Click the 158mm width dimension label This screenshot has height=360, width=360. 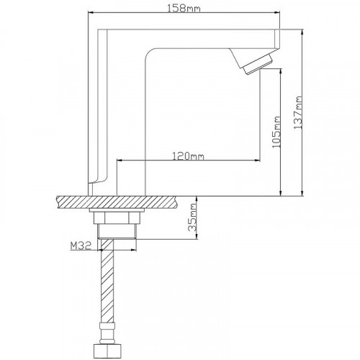click(x=184, y=8)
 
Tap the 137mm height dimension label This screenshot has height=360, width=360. click(x=298, y=112)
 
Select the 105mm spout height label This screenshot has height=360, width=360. click(x=276, y=132)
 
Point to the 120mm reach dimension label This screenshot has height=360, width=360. click(x=189, y=156)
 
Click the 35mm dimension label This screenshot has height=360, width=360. click(x=192, y=217)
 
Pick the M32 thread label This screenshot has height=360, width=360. click(x=81, y=246)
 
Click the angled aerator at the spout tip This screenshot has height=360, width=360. click(x=258, y=64)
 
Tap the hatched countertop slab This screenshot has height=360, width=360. click(x=118, y=202)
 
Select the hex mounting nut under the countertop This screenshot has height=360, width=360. click(x=117, y=218)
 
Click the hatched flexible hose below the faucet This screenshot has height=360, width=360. click(x=107, y=281)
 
